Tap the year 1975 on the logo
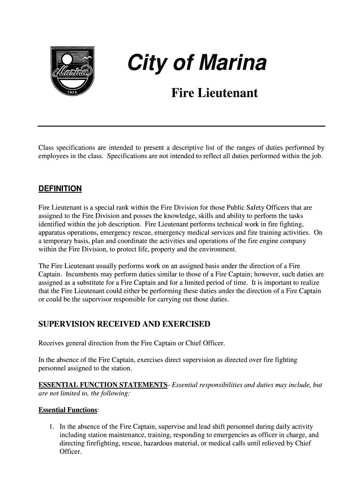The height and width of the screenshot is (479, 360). coord(72,91)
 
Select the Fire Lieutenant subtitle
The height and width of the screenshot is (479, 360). coord(215,93)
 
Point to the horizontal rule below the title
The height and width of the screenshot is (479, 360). coord(181,126)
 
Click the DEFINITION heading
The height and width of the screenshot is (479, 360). coord(60,189)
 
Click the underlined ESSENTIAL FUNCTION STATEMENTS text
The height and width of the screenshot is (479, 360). coord(103,385)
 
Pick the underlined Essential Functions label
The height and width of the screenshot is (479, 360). coord(68,410)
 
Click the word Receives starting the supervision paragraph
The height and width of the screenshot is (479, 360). coord(52,344)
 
